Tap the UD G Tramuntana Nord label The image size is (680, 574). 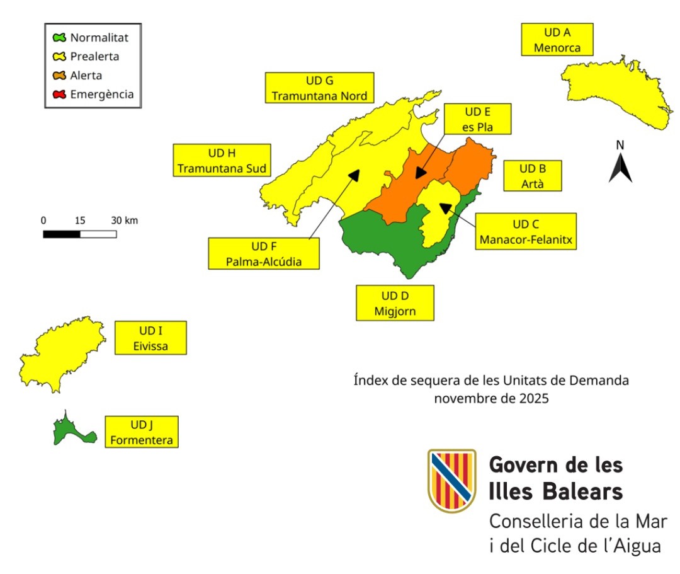[x=319, y=88]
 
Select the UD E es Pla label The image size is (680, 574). [x=477, y=119]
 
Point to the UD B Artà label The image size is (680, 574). [x=532, y=176]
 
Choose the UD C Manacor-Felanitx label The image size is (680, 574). [x=526, y=231]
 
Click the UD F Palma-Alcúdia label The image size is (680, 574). [x=264, y=253]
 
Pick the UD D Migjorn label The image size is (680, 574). [x=395, y=302]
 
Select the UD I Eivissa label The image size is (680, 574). [x=150, y=337]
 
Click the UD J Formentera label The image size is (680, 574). [x=141, y=432]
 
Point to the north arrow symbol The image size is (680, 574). [x=620, y=166]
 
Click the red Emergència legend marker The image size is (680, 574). [x=60, y=95]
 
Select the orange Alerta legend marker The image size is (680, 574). [x=60, y=76]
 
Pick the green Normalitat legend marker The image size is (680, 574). [x=60, y=38]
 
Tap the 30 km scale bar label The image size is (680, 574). [x=124, y=221]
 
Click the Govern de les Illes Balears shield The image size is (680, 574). [x=451, y=480]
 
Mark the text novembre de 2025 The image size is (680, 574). [x=490, y=399]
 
